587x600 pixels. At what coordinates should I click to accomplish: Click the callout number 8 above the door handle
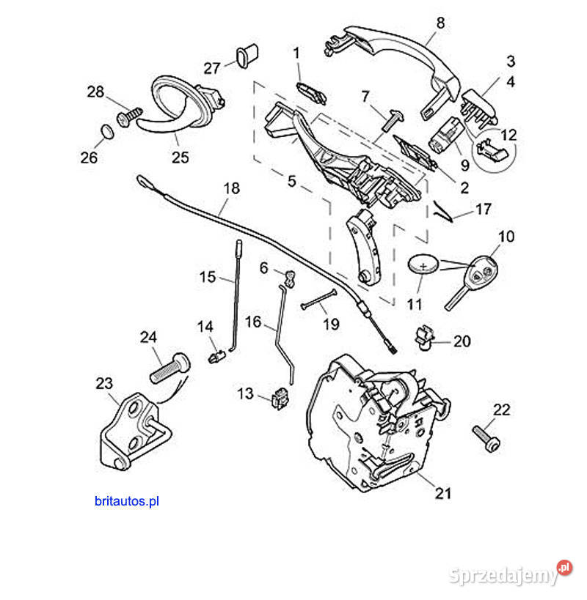(x=440, y=23)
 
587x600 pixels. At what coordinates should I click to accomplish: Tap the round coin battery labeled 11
(x=423, y=264)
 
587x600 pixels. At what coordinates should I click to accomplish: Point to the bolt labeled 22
(x=486, y=437)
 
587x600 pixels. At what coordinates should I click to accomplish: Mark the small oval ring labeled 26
(x=106, y=131)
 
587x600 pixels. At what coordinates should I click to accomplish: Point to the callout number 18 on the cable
(x=231, y=188)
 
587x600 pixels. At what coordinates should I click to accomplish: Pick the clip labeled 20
(x=423, y=335)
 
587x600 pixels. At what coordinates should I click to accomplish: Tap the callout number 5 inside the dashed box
(x=291, y=180)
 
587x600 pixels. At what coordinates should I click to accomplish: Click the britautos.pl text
(x=126, y=502)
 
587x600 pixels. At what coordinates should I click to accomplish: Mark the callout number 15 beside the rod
(x=208, y=277)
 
